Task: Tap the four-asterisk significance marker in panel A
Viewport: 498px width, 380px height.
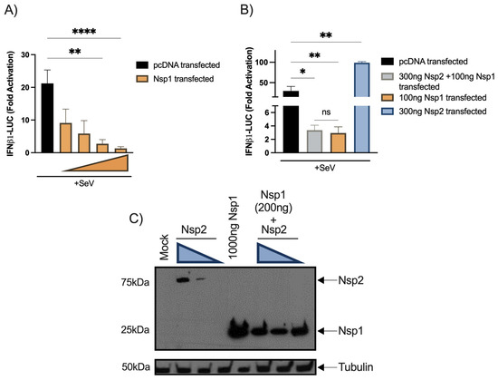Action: coord(81,32)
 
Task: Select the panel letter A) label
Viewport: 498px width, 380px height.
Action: coord(13,13)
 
